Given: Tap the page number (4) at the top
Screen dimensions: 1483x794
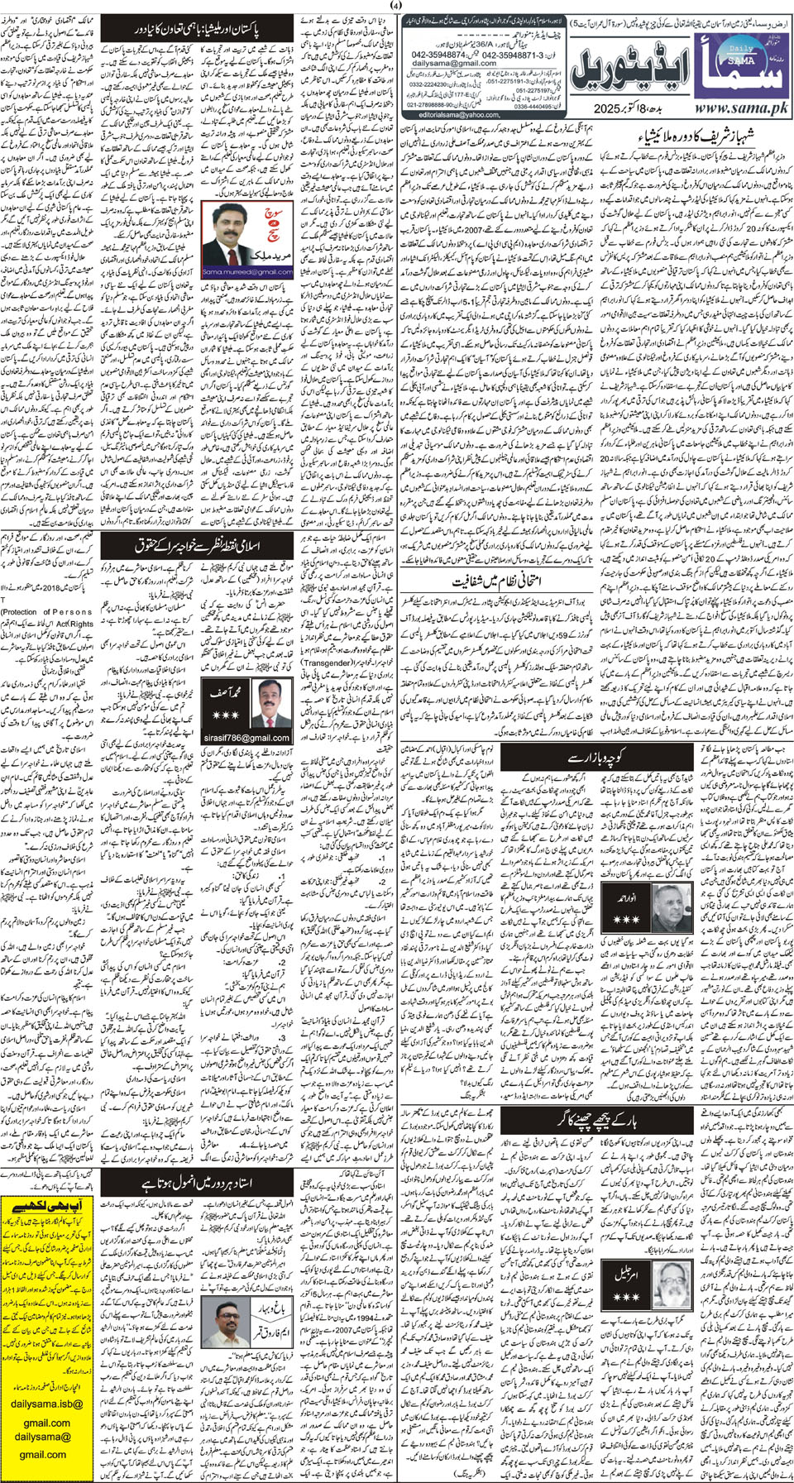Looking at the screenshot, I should click(396, 7).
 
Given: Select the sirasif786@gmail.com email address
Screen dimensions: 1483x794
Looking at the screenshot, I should click(246, 738).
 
